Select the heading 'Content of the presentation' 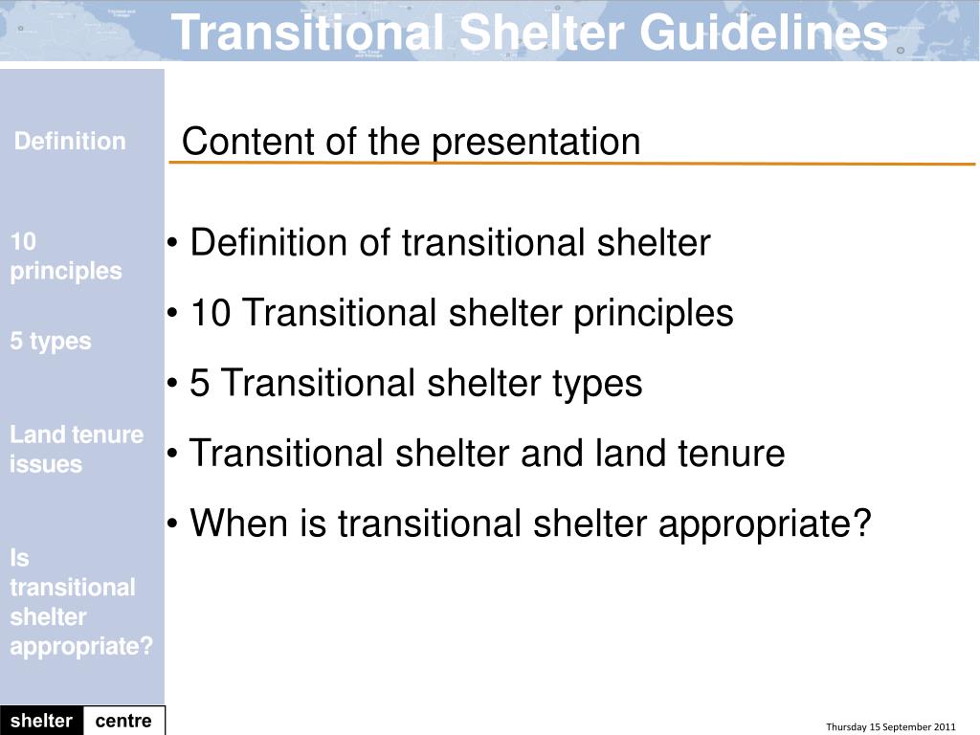(x=411, y=142)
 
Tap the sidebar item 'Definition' (x=70, y=142)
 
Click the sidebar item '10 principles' (x=65, y=256)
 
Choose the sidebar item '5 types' (x=51, y=342)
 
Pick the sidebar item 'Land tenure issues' (x=76, y=449)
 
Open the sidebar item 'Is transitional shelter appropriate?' (x=80, y=602)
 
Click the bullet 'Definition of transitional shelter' (x=450, y=243)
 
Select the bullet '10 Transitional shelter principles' (x=461, y=313)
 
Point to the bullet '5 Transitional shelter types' (x=415, y=383)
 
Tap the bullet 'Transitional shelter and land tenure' (x=486, y=453)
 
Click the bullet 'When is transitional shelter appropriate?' (x=530, y=523)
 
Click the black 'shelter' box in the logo (x=41, y=721)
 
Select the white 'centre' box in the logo (x=123, y=721)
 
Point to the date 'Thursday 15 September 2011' (x=890, y=727)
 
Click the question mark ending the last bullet (x=862, y=523)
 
